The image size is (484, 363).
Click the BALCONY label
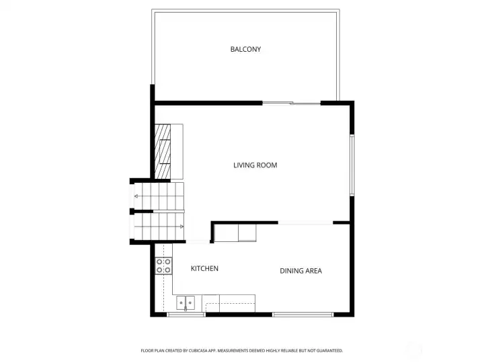coord(245,49)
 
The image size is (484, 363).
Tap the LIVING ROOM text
coord(255,165)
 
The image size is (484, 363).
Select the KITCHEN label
coord(204,269)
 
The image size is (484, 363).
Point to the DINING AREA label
coord(300,271)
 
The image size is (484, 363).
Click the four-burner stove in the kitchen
coord(163,266)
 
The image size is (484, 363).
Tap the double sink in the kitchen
coord(186,303)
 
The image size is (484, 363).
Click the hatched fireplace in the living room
coord(164,152)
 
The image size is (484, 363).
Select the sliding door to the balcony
coord(290,103)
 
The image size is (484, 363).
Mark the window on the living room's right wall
coord(351,165)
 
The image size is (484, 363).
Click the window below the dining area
coord(302,314)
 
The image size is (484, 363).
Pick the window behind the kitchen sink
coord(186,314)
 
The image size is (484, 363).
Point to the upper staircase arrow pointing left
coord(136,196)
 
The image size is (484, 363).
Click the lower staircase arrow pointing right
coord(182,227)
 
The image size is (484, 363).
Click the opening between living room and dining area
coord(305,223)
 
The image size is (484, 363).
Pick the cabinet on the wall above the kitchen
coord(235,233)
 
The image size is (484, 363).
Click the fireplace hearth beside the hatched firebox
coord(178,152)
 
